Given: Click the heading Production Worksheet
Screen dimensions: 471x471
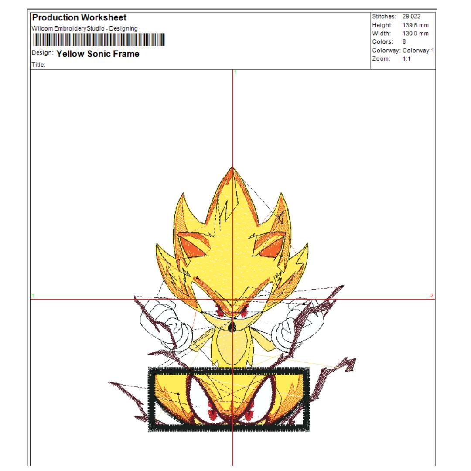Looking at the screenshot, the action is point(79,18).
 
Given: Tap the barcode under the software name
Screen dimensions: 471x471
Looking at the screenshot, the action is point(99,40).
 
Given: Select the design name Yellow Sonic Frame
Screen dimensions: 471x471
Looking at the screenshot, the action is point(98,54).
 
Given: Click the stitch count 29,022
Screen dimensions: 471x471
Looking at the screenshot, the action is point(411,17).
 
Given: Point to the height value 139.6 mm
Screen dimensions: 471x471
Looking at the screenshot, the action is point(416,25).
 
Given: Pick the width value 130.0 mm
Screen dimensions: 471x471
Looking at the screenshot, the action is point(416,34).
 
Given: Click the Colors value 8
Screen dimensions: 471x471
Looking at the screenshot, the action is point(404,42).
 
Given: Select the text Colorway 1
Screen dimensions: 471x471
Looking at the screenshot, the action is point(418,51).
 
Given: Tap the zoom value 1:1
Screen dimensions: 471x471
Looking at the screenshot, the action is point(406,59).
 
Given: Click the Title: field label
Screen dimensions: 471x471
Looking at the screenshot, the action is point(38,65).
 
